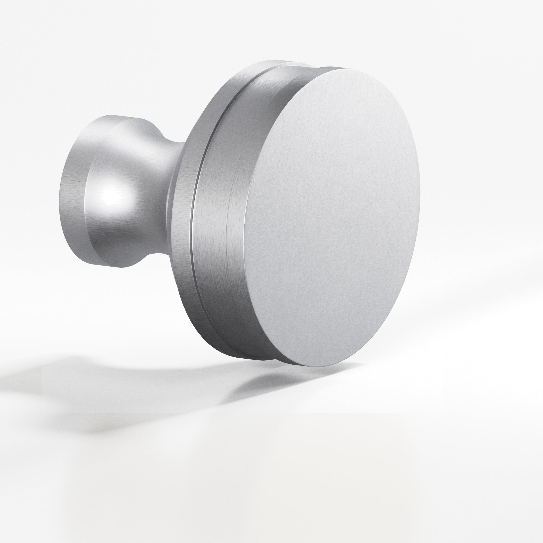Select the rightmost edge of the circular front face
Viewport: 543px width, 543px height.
tap(420, 197)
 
